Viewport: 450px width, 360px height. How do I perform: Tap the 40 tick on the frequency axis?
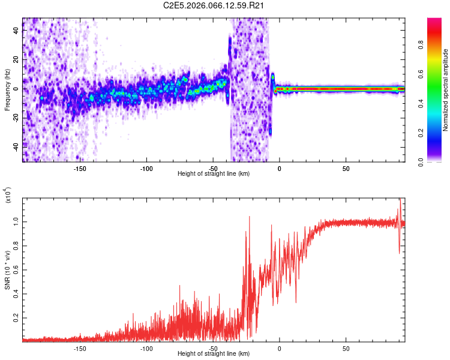point(16,31)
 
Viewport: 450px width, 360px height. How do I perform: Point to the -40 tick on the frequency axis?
point(15,146)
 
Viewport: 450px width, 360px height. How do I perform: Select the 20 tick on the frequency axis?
point(16,60)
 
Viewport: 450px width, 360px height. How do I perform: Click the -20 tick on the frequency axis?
point(15,117)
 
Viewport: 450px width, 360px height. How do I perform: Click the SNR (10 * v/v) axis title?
point(7,269)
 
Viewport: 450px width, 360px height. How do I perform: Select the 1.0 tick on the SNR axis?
point(16,222)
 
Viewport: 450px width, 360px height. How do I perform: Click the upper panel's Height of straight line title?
point(214,173)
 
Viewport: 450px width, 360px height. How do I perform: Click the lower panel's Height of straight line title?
point(214,353)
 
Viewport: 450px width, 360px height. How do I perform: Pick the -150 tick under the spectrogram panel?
point(80,168)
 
